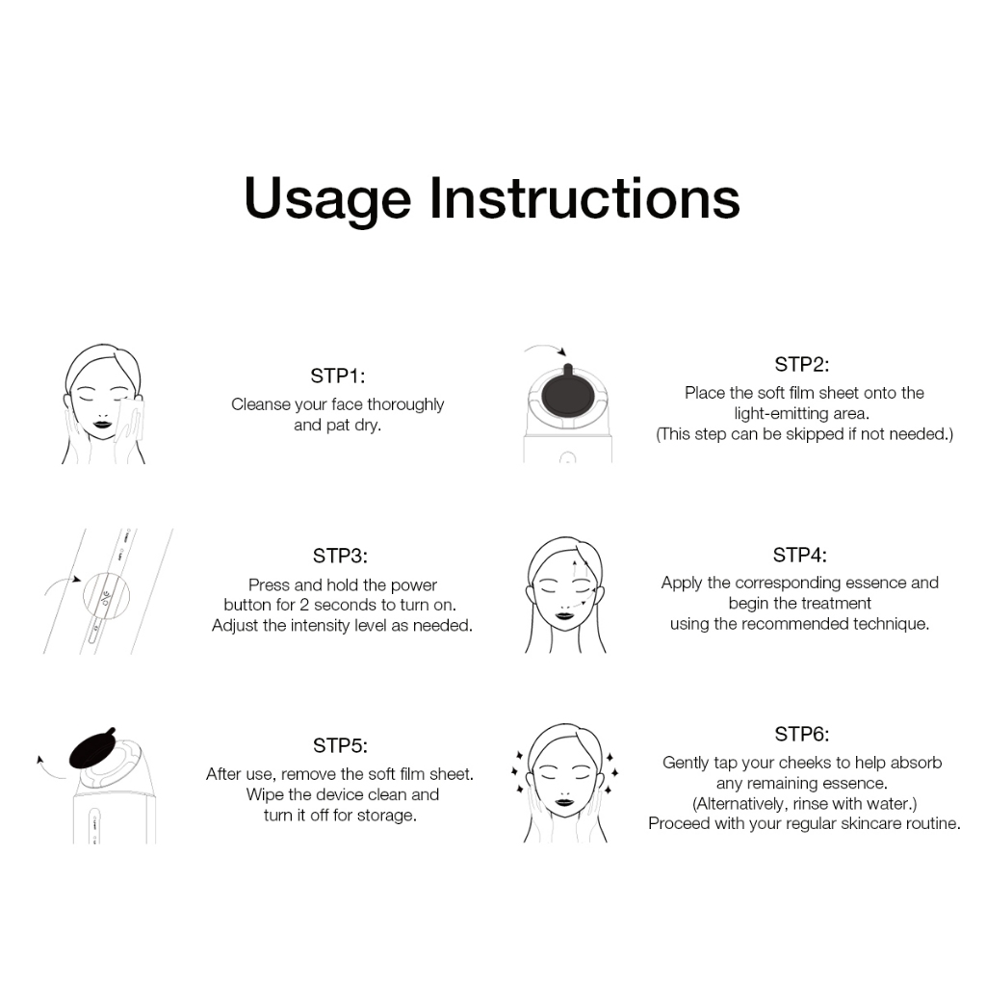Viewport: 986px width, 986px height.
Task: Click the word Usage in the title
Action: pos(327,200)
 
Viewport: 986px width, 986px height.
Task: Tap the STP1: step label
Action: pos(338,376)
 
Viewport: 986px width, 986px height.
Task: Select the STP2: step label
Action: pos(802,364)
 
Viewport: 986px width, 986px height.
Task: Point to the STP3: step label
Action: pos(340,556)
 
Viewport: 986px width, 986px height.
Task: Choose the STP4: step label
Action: pos(800,555)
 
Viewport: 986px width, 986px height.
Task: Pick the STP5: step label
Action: pos(340,745)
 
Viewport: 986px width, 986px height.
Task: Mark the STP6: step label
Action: pos(802,734)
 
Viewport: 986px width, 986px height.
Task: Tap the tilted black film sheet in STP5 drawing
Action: pos(92,748)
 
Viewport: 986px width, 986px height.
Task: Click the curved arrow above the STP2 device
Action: pos(545,348)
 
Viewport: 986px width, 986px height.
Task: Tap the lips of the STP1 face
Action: pos(102,424)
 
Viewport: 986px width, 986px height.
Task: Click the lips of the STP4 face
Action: pos(564,614)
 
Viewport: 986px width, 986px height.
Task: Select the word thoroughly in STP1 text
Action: pos(405,405)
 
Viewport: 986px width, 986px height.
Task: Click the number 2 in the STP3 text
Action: pos(303,605)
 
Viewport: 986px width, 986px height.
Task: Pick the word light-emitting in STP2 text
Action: pos(781,414)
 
